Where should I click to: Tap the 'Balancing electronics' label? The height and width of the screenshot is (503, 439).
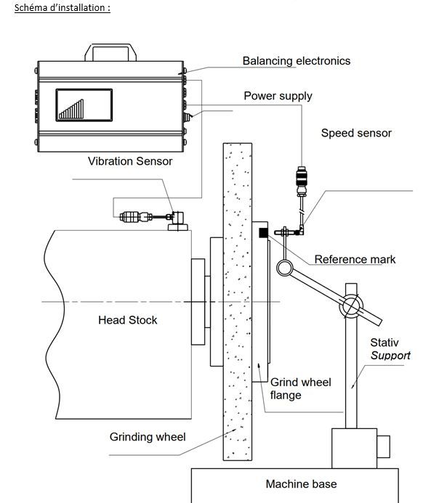click(x=296, y=61)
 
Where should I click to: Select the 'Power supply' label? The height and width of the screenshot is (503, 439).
click(x=278, y=96)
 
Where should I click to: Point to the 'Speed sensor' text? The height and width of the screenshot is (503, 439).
click(x=356, y=133)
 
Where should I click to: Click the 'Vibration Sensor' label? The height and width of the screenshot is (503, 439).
click(x=130, y=161)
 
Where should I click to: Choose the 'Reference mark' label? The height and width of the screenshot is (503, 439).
click(x=355, y=259)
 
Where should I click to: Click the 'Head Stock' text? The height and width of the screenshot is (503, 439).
click(x=127, y=320)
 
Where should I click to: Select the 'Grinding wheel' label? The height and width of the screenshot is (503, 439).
click(x=148, y=437)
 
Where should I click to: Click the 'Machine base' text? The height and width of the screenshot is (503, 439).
click(x=301, y=484)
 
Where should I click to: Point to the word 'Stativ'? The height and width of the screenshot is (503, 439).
click(x=384, y=342)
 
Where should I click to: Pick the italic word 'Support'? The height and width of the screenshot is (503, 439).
click(x=390, y=356)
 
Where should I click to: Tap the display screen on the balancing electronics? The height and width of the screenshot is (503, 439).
click(x=84, y=105)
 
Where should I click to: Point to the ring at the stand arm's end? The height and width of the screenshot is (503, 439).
click(x=284, y=268)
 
